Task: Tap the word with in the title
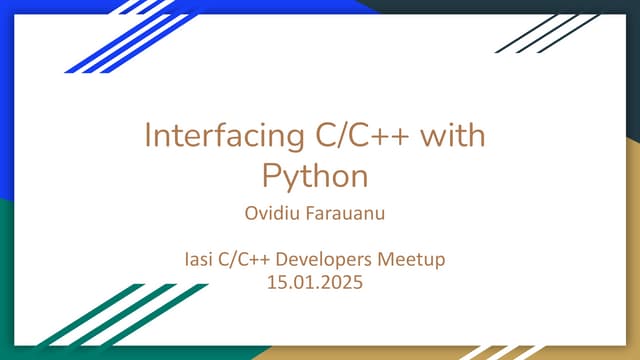point(452,135)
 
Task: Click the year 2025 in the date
point(342,282)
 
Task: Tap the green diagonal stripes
point(120,318)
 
